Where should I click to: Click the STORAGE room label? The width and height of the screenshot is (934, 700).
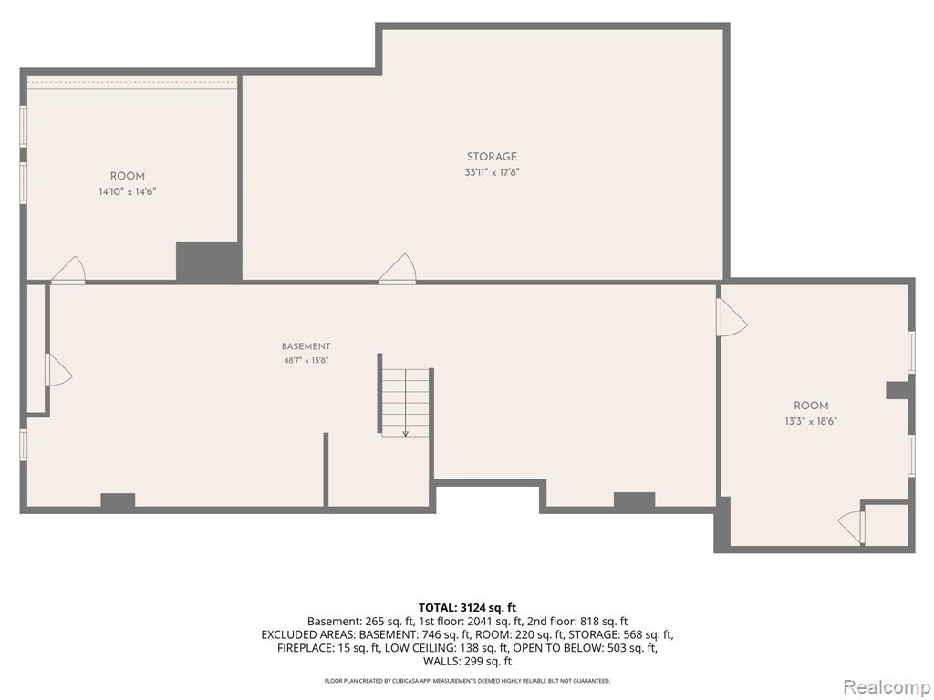coord(492,157)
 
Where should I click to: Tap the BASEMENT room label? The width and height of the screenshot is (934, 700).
coord(306,346)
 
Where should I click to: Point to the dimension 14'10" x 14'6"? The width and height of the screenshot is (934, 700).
coord(128,191)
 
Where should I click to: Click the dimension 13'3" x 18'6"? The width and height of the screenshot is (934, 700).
coord(811,421)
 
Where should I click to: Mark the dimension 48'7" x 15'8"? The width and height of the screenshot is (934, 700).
coord(306,360)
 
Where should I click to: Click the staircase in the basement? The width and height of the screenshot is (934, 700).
coord(405,402)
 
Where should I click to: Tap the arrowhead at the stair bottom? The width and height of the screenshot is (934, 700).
coord(405,433)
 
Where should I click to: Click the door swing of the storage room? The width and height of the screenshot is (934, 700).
coord(398,269)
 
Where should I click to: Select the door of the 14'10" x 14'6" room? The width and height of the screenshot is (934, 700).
coord(68,270)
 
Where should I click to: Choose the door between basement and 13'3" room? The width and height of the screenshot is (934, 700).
coord(732,316)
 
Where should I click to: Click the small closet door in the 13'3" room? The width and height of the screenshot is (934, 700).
coord(851,526)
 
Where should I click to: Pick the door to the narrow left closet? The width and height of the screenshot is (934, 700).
coord(58,369)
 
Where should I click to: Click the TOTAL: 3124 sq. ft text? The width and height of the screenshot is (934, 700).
coord(467,608)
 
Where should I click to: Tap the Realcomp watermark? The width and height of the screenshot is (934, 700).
coord(886,687)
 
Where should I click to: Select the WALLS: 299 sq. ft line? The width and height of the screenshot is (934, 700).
coord(467,661)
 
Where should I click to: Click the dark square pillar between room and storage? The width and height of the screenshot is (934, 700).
coord(209,261)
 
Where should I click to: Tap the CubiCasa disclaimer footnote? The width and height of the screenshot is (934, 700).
coord(467,680)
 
